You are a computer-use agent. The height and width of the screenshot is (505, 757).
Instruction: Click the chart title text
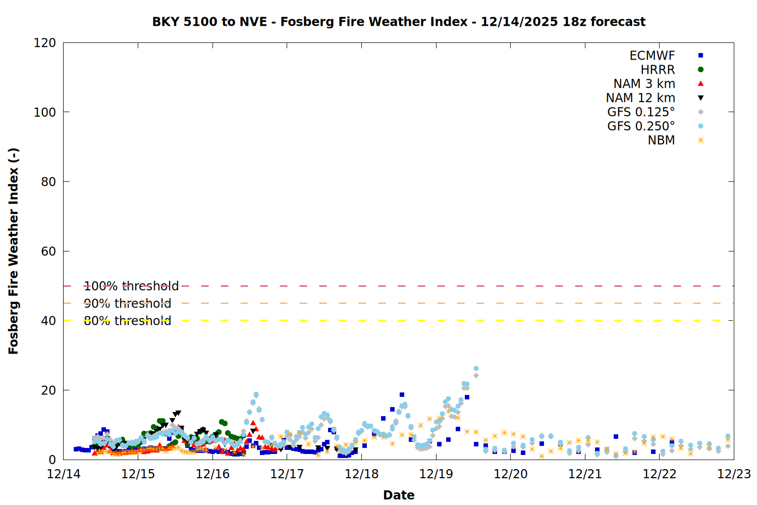399,22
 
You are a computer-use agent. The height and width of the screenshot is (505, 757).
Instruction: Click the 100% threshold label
131,286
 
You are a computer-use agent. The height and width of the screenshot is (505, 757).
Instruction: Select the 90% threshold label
127,304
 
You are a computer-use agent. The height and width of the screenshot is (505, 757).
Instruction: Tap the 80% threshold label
127,321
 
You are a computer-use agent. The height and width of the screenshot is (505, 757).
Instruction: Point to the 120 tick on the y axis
45,43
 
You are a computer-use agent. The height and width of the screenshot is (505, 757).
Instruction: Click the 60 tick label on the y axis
48,251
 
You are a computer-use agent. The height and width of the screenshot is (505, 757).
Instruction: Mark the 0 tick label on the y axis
52,460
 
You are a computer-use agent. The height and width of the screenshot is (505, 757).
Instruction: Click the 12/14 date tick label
64,474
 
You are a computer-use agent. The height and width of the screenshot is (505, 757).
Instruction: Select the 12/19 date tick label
436,474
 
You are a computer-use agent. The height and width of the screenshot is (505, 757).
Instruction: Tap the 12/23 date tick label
734,474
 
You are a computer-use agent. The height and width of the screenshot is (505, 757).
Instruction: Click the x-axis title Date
399,495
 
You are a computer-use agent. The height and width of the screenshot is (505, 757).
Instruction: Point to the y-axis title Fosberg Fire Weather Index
14,251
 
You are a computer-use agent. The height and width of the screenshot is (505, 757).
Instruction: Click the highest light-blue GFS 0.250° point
476,369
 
